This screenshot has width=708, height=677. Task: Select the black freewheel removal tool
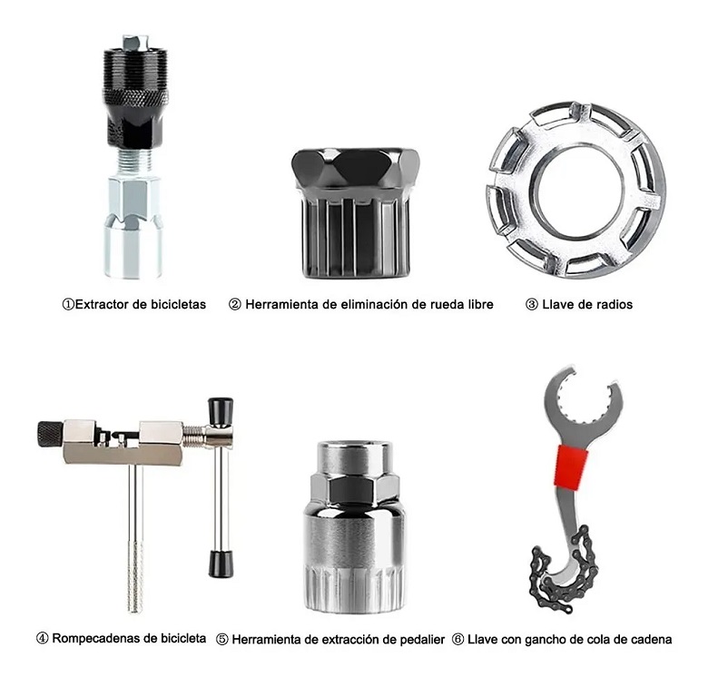pyautogui.click(x=355, y=213)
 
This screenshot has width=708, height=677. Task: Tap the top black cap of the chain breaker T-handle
pyautogui.click(x=220, y=409)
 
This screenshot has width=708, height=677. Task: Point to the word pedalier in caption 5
pyautogui.click(x=418, y=640)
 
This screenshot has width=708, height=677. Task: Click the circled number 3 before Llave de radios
pyautogui.click(x=531, y=305)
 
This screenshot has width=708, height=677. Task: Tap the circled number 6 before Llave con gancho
pyautogui.click(x=457, y=640)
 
